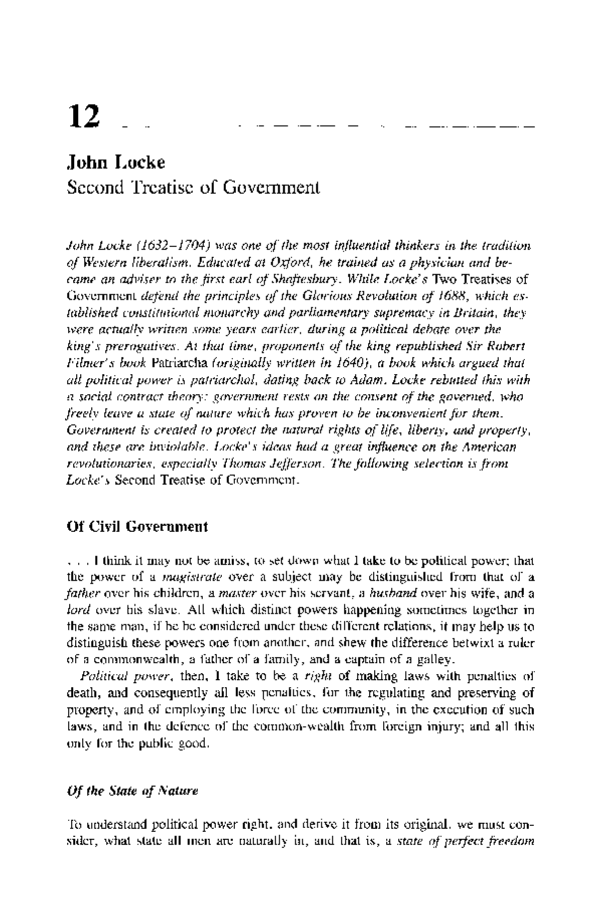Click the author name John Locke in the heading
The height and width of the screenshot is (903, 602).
[116, 163]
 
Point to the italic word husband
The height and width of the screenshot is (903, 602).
[393, 594]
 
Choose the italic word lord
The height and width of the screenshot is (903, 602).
[77, 611]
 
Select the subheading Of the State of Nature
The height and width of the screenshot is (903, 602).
[132, 791]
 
